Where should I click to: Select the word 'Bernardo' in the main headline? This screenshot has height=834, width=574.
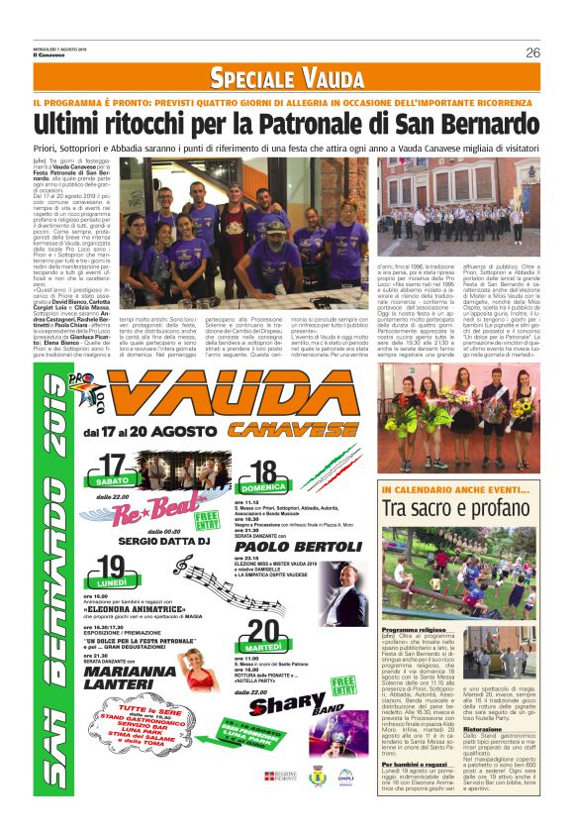[482, 124]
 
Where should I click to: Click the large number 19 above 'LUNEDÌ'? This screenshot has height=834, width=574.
[111, 568]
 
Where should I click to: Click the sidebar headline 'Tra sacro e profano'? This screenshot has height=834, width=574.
[459, 507]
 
